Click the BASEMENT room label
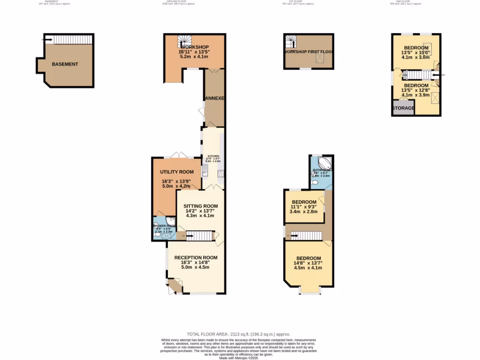pyautogui.click(x=65, y=64)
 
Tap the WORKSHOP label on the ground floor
pyautogui.click(x=194, y=47)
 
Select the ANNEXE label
pyautogui.click(x=215, y=98)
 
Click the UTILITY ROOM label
pyautogui.click(x=177, y=172)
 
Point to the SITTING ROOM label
pyautogui.click(x=200, y=206)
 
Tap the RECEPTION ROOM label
pyautogui.click(x=195, y=257)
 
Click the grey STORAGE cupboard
pyautogui.click(x=403, y=108)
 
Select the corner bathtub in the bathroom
pyautogui.click(x=326, y=164)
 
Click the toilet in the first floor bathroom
pyautogui.click(x=315, y=182)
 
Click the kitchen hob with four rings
pyautogui.click(x=220, y=173)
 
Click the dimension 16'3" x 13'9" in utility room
pyautogui.click(x=177, y=181)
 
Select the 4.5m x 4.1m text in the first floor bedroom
pyautogui.click(x=308, y=268)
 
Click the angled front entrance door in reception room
pyautogui.click(x=174, y=286)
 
